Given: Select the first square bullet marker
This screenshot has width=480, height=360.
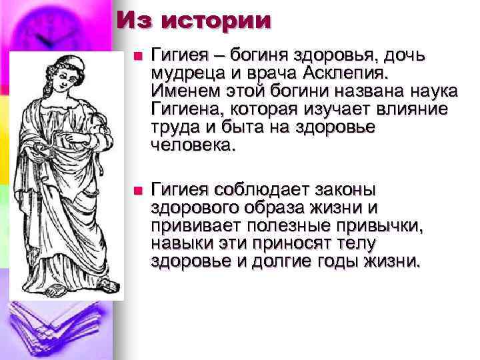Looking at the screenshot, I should pos(137,57).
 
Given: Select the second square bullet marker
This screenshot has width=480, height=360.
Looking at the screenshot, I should pos(137,191).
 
